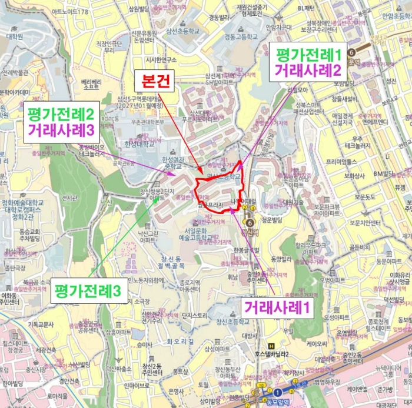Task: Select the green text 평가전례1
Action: point(305,55)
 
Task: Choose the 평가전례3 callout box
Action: point(88,290)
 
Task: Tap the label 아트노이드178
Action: point(69,12)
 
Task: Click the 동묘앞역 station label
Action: point(276,403)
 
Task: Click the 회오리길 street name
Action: point(180,341)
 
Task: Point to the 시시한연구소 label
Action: point(161,59)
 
